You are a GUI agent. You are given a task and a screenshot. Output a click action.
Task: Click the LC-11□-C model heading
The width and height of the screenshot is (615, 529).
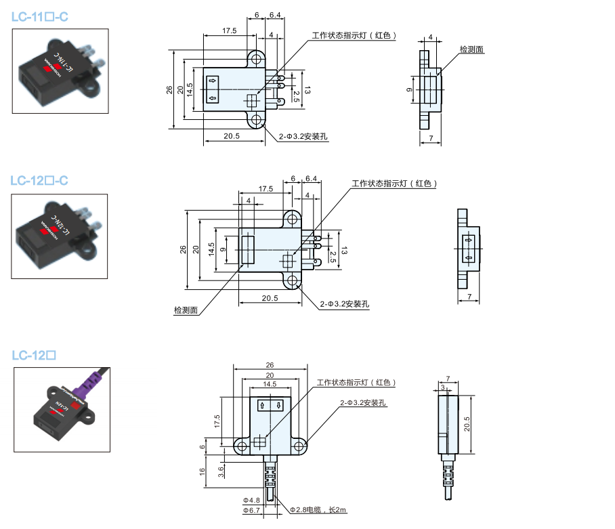(x=40, y=16)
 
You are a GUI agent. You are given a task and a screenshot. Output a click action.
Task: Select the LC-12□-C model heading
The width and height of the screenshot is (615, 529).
(x=40, y=181)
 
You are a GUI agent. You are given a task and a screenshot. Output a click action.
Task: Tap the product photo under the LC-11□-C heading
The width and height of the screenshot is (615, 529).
(x=60, y=70)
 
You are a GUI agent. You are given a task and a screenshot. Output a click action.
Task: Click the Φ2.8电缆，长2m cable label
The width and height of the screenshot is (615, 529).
(x=318, y=509)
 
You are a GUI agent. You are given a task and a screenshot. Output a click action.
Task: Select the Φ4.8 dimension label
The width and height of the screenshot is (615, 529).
(x=251, y=501)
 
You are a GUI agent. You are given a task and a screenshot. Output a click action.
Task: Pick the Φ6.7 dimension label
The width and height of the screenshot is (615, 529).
(x=251, y=510)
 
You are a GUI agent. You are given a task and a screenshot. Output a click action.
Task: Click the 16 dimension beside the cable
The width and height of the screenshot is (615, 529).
(x=202, y=473)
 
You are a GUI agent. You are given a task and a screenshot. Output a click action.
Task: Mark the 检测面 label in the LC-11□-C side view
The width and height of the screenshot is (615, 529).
(x=471, y=49)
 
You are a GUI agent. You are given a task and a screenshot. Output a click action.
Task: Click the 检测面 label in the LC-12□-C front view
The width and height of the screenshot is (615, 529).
(x=186, y=310)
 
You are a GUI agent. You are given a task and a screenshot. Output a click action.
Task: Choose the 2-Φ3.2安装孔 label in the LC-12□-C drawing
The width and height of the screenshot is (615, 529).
(x=345, y=304)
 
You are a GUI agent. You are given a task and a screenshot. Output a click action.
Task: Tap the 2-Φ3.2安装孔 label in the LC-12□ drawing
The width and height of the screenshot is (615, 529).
(x=363, y=403)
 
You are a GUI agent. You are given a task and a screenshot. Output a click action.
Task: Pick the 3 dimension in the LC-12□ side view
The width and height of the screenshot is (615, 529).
(x=443, y=387)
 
